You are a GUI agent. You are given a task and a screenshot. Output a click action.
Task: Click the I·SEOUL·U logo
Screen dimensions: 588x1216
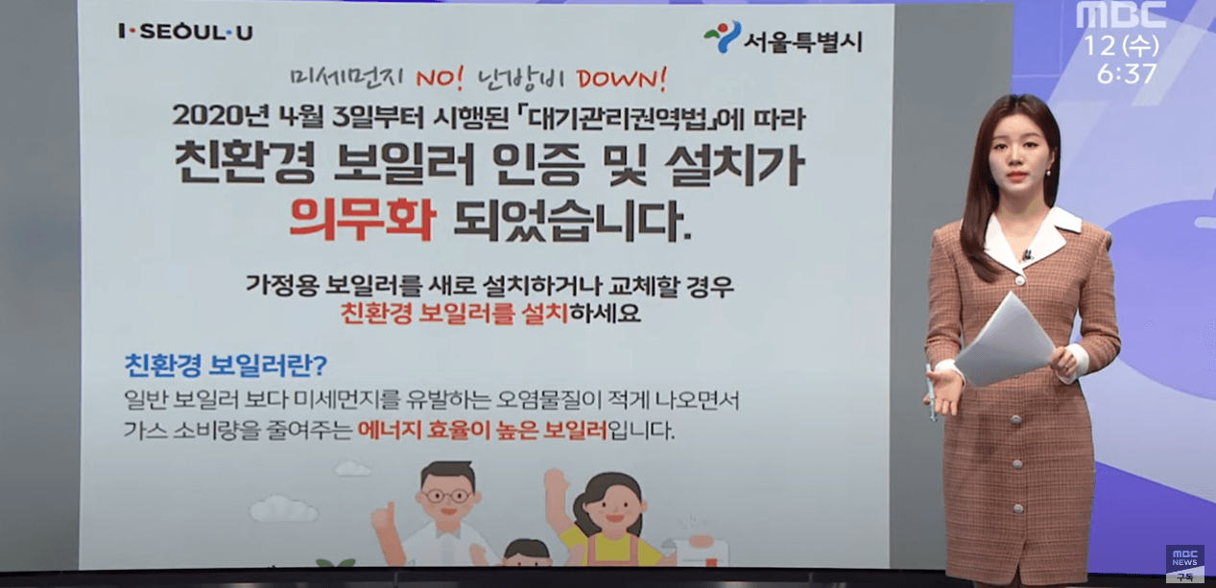pos(185,33)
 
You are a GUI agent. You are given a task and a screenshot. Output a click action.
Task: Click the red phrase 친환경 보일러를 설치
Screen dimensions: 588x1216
pos(455,313)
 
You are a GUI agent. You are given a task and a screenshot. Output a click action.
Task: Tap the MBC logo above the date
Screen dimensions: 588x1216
pos(1121,14)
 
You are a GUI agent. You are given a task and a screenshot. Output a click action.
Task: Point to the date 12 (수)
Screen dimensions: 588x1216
pos(1121,44)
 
